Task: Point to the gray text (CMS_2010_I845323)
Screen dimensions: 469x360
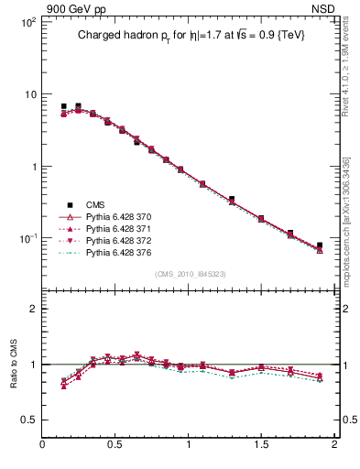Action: (x=189, y=272)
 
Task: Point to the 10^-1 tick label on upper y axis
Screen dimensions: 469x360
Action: (x=27, y=238)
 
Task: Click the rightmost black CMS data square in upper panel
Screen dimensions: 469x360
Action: (x=320, y=245)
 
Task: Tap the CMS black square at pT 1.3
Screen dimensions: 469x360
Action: (x=232, y=199)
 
